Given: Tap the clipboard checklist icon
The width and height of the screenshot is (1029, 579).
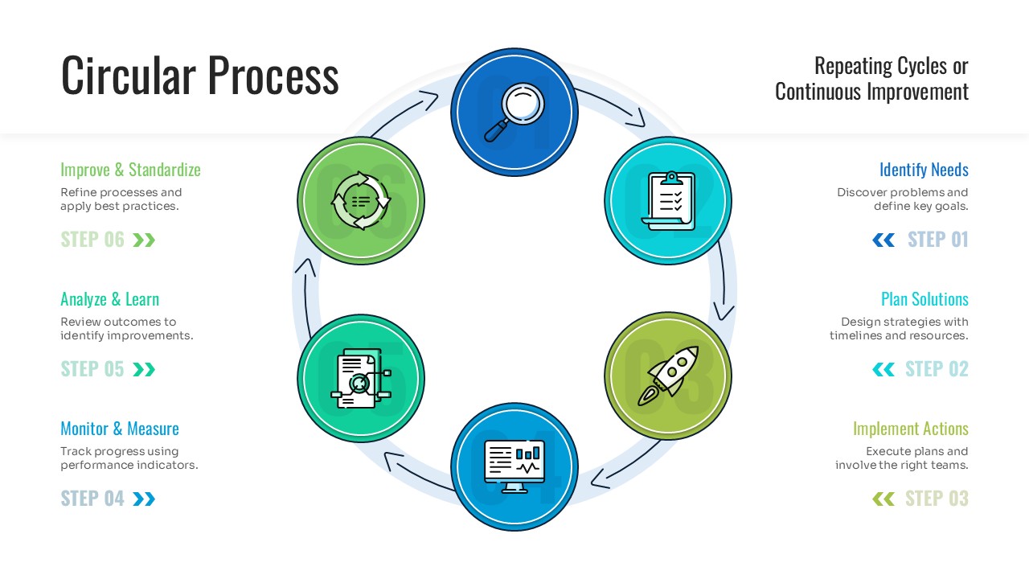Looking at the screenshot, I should (668, 200).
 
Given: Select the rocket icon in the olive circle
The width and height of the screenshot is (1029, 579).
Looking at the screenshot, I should (668, 376).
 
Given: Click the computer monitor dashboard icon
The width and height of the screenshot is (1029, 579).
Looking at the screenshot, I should (514, 467).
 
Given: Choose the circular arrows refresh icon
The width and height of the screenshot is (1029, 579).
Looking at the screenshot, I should (361, 200).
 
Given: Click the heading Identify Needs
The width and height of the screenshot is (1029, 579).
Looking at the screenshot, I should (924, 170).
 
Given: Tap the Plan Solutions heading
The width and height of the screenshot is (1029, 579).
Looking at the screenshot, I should (924, 299).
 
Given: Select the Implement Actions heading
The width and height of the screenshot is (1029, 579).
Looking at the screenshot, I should (910, 429).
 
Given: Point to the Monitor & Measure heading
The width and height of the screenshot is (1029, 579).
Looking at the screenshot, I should (120, 429).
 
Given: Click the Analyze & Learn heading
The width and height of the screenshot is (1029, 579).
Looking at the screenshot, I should (110, 299).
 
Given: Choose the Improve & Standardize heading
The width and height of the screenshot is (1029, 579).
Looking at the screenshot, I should (130, 170).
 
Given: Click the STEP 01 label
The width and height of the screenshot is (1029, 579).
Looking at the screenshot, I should (937, 240).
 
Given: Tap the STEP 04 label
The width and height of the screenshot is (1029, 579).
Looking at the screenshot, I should (92, 499).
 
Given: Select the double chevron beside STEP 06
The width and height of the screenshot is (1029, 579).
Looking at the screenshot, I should (144, 240).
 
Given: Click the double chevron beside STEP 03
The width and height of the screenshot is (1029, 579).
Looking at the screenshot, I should (883, 499).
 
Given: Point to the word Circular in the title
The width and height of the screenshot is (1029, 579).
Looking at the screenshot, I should (129, 76).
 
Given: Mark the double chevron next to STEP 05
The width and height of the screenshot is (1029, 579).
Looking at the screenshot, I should (144, 369).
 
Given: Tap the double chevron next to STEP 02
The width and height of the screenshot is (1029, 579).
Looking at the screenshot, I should (883, 369).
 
